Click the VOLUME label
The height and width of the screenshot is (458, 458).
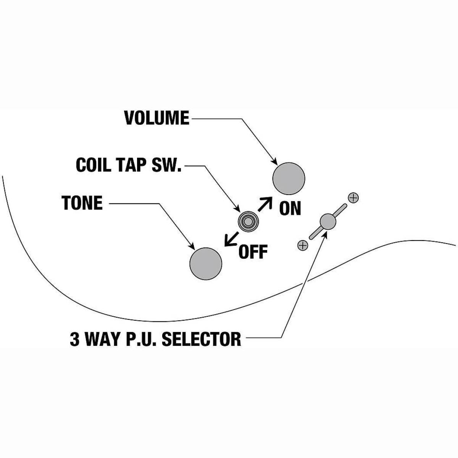pos(156,118)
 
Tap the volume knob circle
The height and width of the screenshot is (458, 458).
pos(289,178)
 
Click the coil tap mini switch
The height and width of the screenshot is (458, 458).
pos(247,221)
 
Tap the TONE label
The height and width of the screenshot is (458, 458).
pos(82,203)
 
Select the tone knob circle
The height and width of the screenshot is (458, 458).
pos(206,264)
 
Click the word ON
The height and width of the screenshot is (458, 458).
pos(290,208)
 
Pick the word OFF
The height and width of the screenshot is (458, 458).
pos(253,252)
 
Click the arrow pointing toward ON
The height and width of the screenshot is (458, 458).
pos(265,205)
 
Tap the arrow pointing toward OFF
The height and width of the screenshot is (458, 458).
pos(230,239)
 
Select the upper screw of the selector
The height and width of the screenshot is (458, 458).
pos(354,198)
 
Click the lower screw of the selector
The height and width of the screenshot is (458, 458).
pos(302,245)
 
